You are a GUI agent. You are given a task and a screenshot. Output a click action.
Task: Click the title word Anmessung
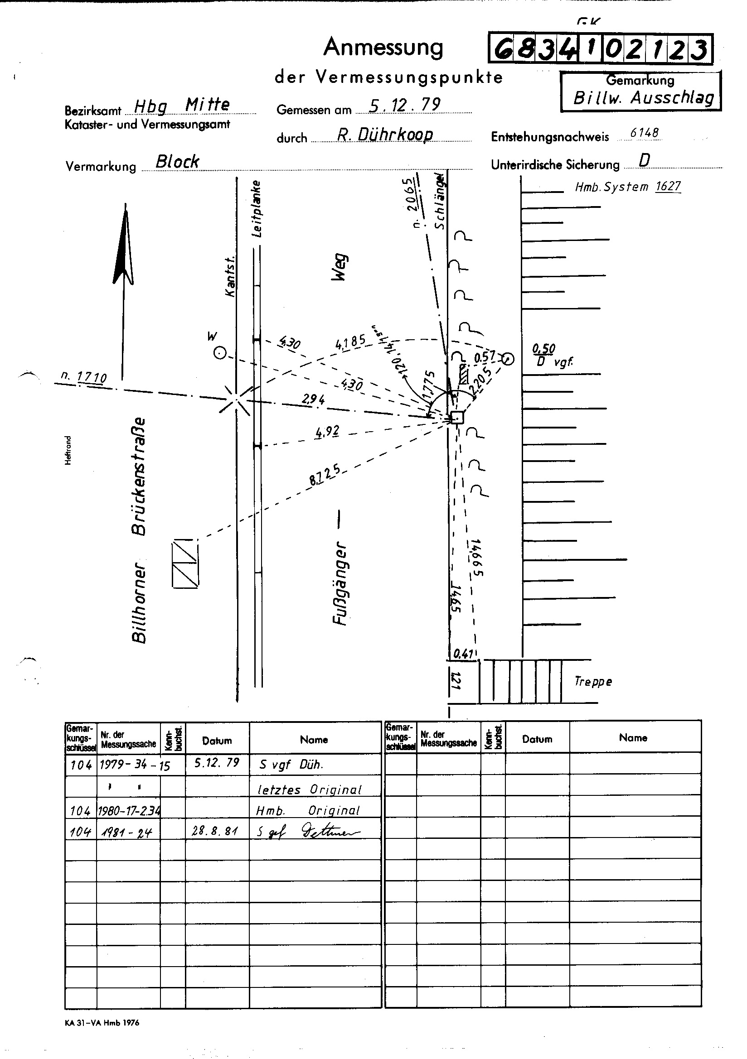click(383, 48)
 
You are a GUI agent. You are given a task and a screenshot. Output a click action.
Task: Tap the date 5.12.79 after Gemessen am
click(405, 105)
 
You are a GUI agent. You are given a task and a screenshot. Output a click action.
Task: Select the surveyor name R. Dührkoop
click(385, 134)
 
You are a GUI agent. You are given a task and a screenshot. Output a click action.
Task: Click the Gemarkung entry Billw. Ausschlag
click(643, 98)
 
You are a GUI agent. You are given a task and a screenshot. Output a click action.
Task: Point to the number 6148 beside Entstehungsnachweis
click(645, 133)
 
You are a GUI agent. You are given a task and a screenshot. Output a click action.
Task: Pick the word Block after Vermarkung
click(177, 161)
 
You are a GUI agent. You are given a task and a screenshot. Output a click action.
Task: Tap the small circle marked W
click(220, 354)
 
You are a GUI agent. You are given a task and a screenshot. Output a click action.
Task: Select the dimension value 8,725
click(325, 475)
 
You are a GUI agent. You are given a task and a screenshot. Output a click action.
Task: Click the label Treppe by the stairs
click(593, 682)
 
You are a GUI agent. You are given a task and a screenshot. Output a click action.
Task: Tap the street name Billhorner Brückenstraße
click(139, 530)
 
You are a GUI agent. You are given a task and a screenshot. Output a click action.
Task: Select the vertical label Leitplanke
click(257, 208)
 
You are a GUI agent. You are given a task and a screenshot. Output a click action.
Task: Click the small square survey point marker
click(457, 418)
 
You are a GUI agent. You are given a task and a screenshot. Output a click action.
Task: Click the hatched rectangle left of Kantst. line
click(184, 563)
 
